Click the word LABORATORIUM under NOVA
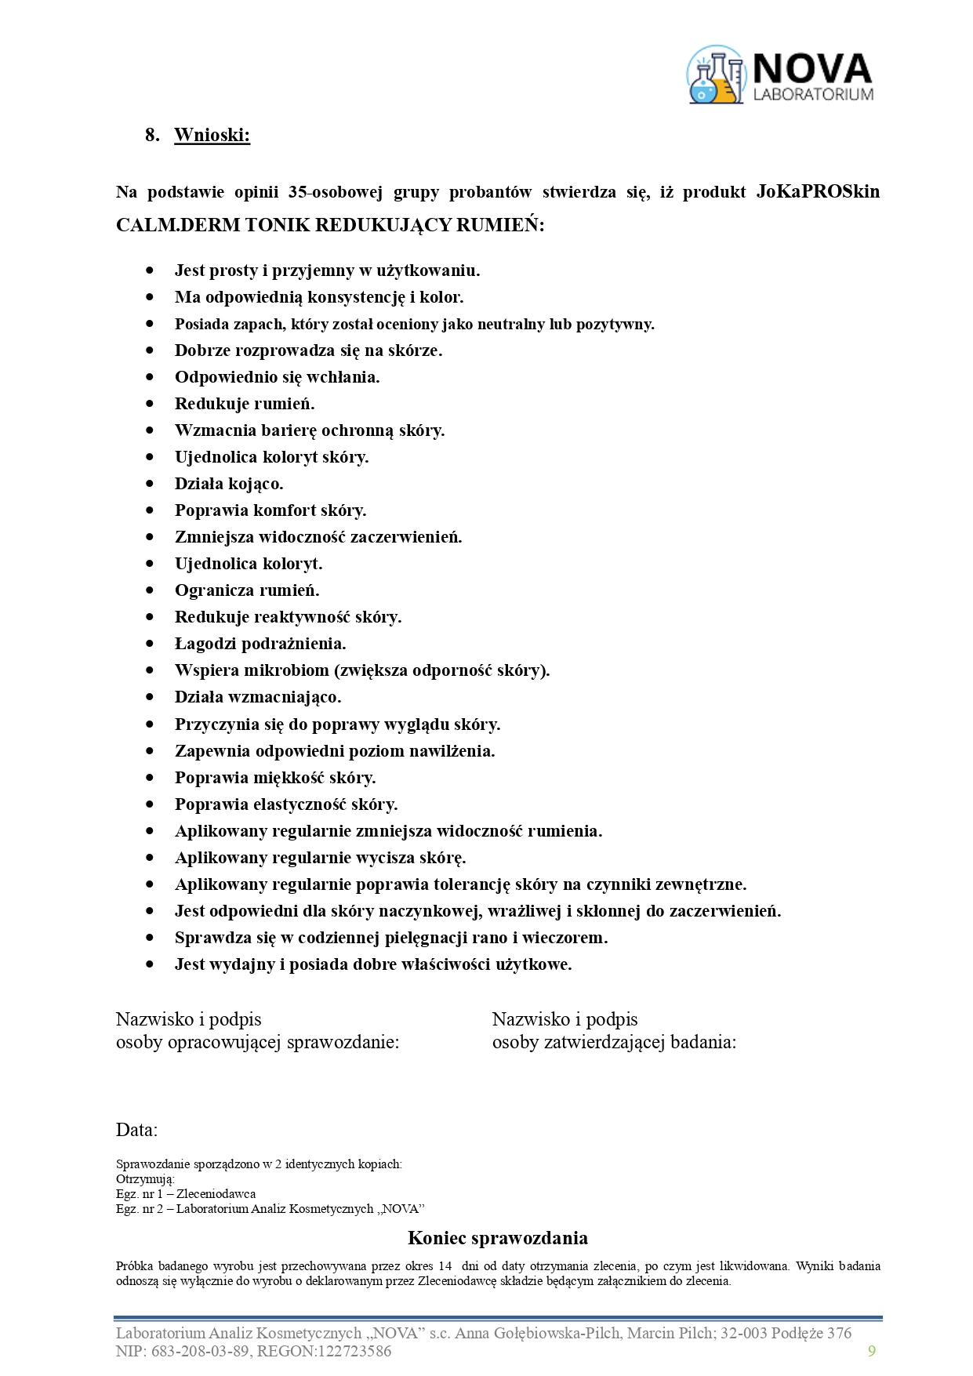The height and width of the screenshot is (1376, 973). pos(812,94)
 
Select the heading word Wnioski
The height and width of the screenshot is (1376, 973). pos(212,135)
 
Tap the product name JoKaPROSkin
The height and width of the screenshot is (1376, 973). pos(818,191)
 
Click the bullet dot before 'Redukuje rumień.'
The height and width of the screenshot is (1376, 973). pos(150,403)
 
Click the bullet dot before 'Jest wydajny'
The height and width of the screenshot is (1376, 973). pos(150,964)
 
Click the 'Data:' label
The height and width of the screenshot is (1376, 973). pos(136,1130)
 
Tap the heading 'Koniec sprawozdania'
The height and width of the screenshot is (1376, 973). pos(497,1238)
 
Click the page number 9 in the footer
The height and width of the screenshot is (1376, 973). pos(872,1350)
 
